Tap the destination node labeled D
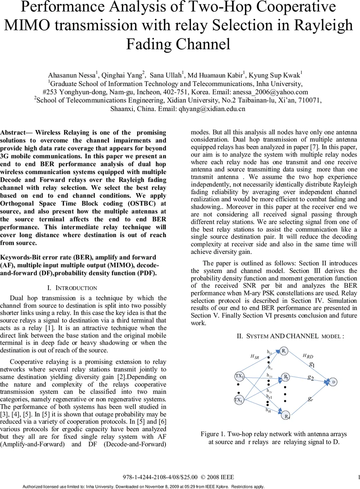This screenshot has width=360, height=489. (x=333, y=382)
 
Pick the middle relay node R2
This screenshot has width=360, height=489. (x=286, y=377)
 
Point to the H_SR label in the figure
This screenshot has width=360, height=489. (x=254, y=357)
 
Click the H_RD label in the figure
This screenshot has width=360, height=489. (x=308, y=356)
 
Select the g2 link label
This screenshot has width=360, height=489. (x=311, y=378)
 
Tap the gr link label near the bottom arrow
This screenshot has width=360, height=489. (x=311, y=399)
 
